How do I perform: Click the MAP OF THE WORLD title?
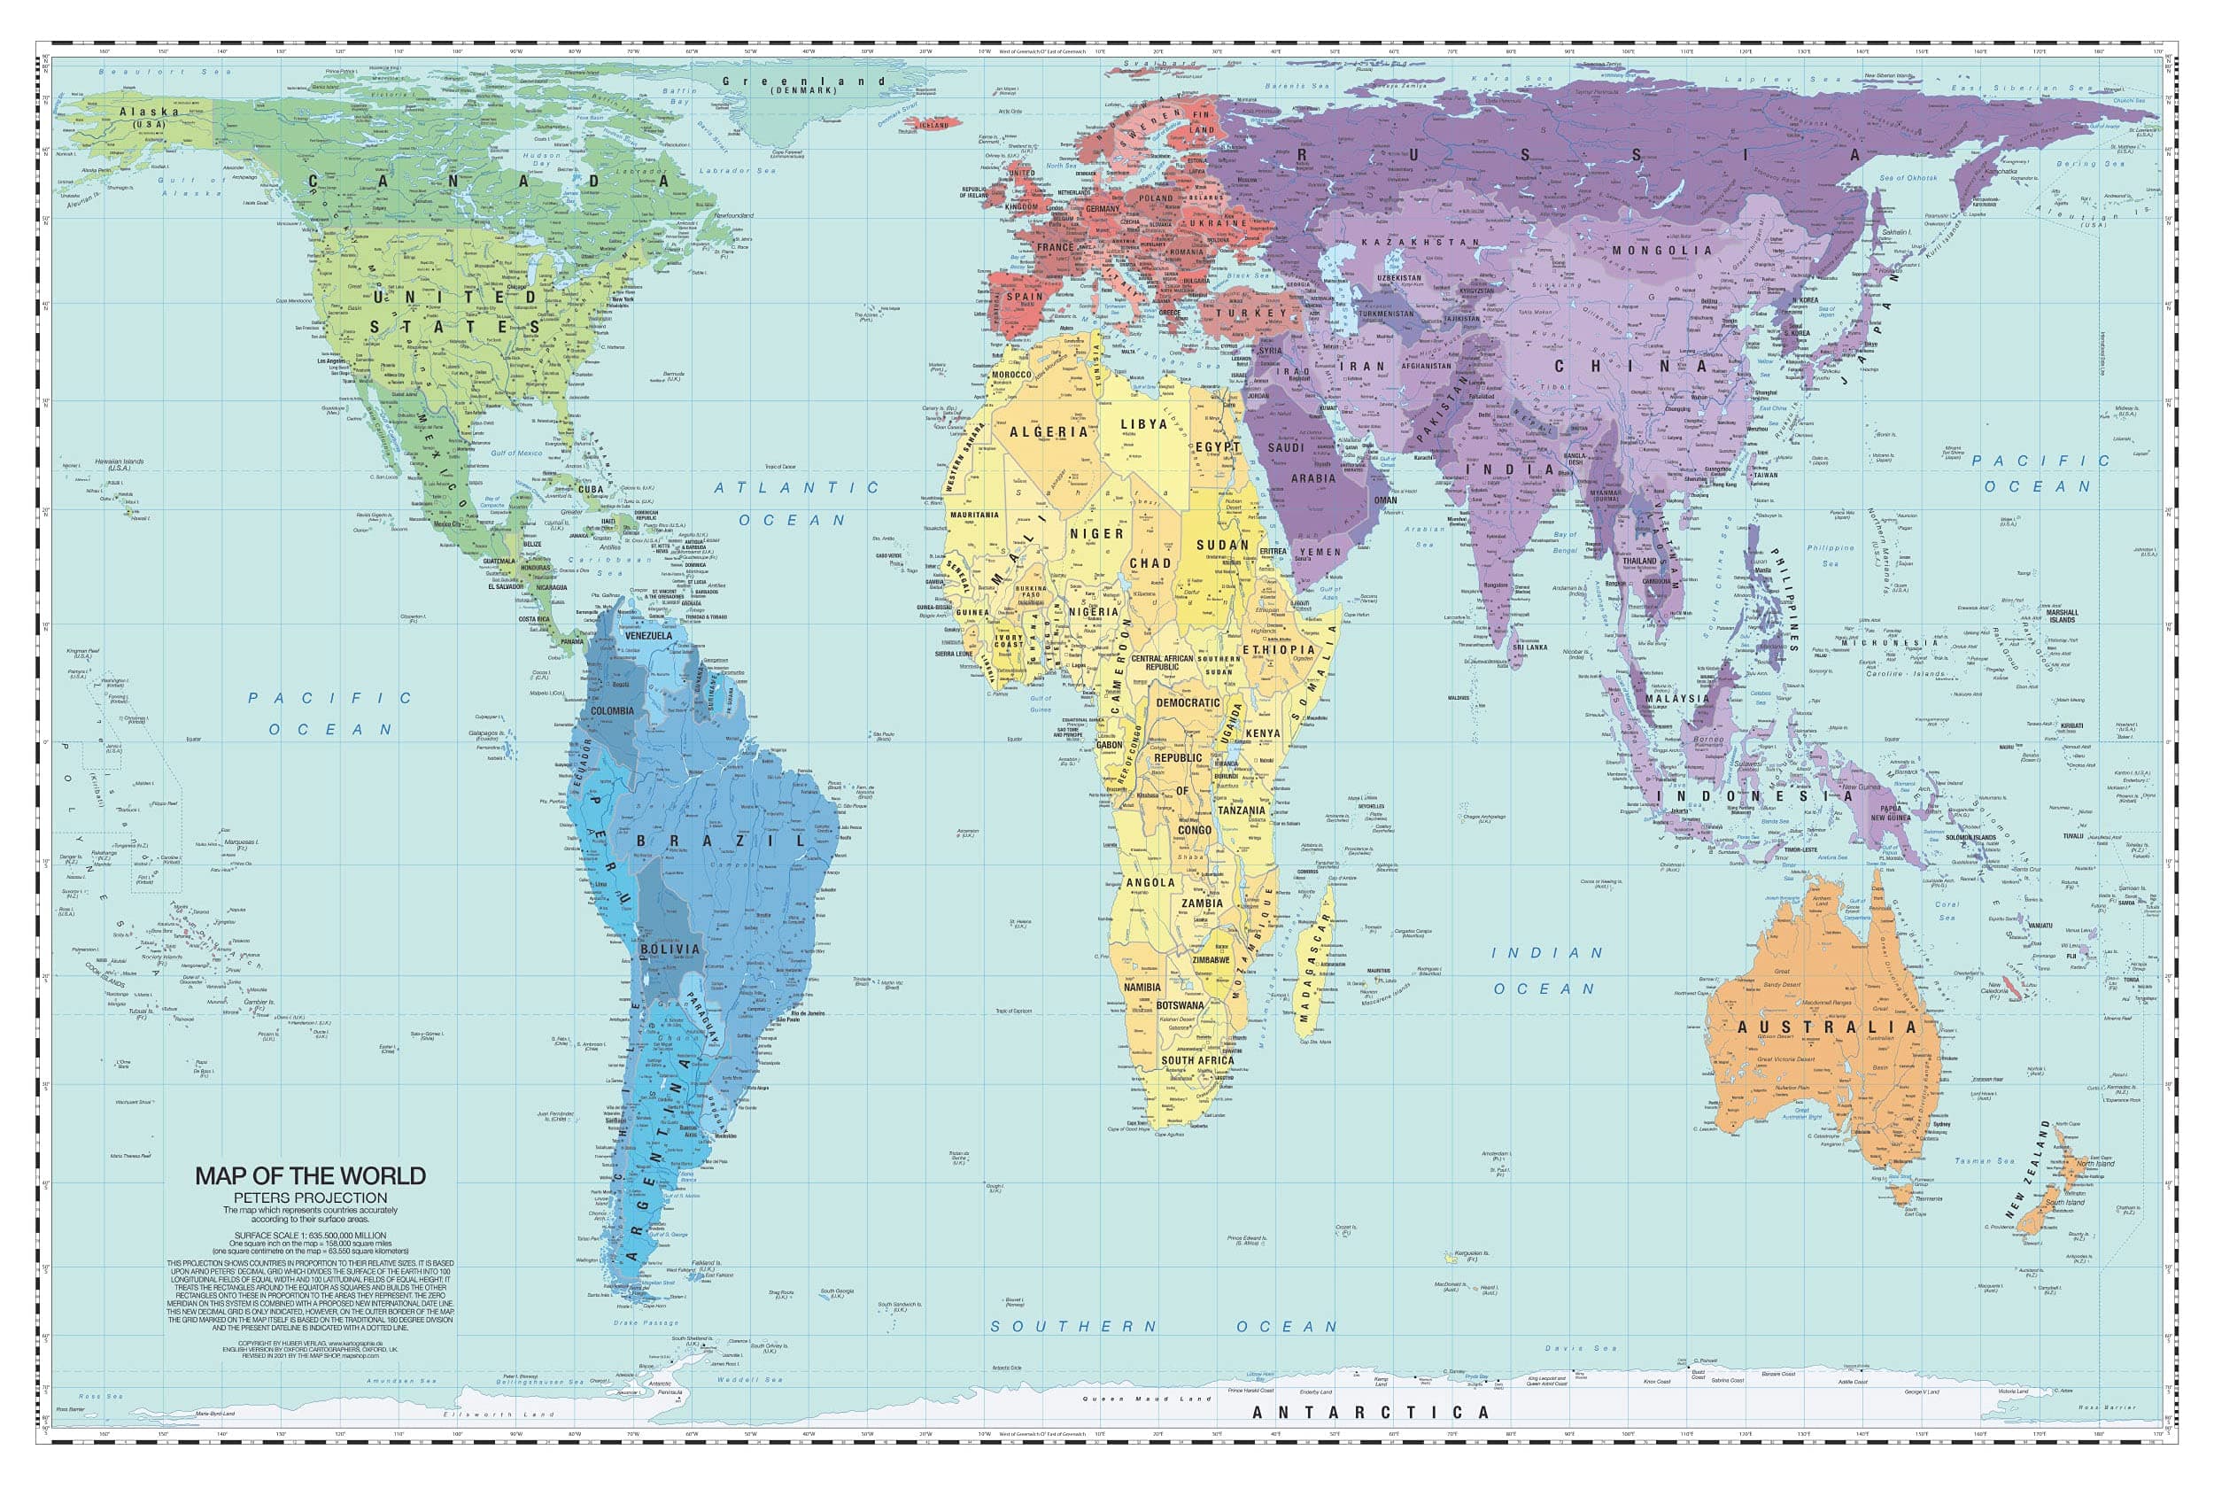pos(311,1176)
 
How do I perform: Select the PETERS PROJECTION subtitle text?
pos(311,1198)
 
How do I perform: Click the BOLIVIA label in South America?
pos(670,949)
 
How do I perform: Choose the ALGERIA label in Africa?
pos(1048,431)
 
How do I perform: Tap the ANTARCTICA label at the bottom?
pos(1370,1413)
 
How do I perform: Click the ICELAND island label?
pos(933,125)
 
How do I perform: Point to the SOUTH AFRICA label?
pos(1196,1060)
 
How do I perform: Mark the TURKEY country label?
pos(1250,313)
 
